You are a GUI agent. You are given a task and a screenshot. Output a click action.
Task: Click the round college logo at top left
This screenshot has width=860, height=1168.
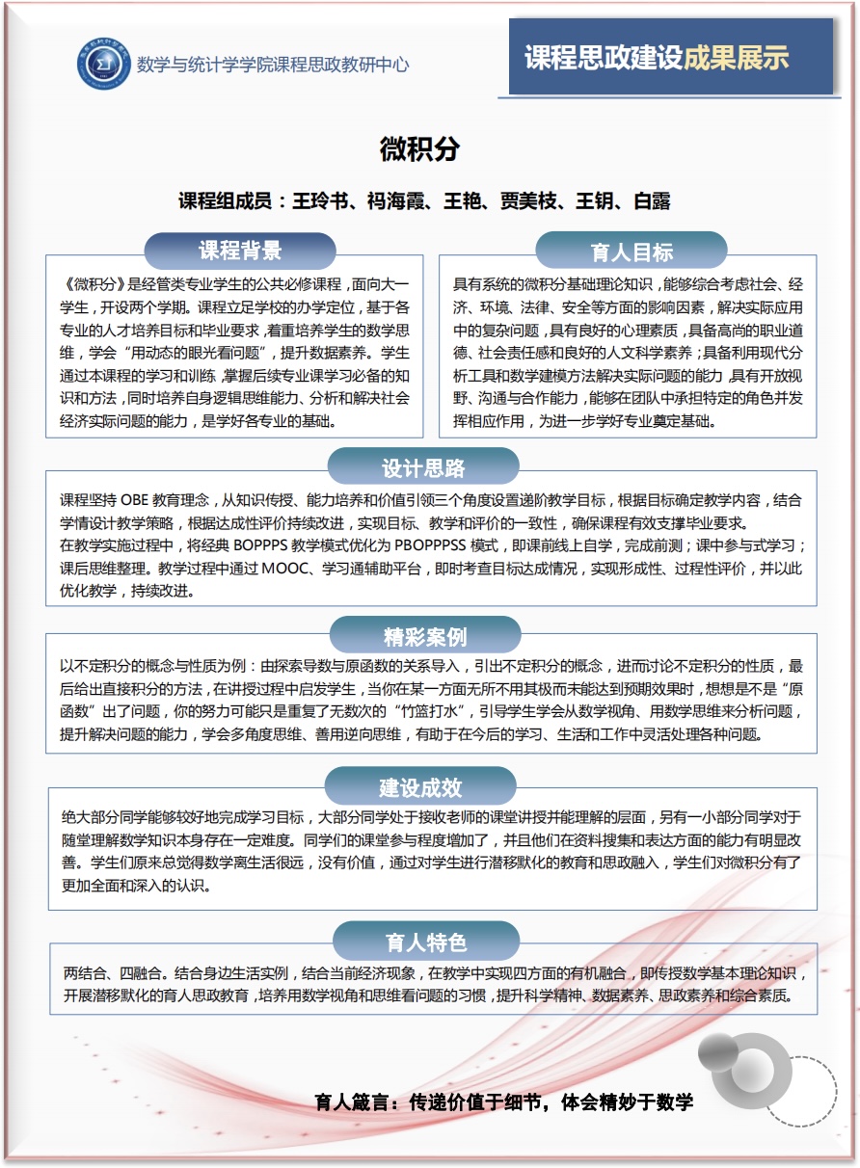pyautogui.click(x=103, y=65)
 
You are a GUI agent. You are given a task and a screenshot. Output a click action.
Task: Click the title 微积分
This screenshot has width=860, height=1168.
pyautogui.click(x=419, y=149)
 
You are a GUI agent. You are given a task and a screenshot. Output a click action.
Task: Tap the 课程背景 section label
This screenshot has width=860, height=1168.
pyautogui.click(x=240, y=252)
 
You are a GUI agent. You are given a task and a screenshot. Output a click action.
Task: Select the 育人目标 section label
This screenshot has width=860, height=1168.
pyautogui.click(x=632, y=252)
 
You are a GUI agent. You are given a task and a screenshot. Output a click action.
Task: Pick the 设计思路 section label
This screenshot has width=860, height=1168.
pyautogui.click(x=423, y=468)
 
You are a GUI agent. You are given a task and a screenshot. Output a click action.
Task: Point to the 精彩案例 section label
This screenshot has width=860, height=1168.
pyautogui.click(x=425, y=637)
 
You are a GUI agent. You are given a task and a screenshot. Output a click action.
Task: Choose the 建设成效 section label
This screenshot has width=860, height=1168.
pyautogui.click(x=420, y=787)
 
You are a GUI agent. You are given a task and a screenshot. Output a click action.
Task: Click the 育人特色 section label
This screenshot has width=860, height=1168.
pyautogui.click(x=425, y=942)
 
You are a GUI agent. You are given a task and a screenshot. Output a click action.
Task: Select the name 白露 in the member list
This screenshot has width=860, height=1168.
pyautogui.click(x=652, y=201)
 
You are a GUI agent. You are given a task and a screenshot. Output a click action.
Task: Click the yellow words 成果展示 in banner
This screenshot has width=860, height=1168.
pyautogui.click(x=737, y=58)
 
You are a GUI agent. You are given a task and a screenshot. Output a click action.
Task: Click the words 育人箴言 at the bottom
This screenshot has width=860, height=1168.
pyautogui.click(x=353, y=1102)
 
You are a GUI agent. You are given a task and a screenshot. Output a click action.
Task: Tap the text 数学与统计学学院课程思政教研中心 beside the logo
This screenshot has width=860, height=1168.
pyautogui.click(x=273, y=66)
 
